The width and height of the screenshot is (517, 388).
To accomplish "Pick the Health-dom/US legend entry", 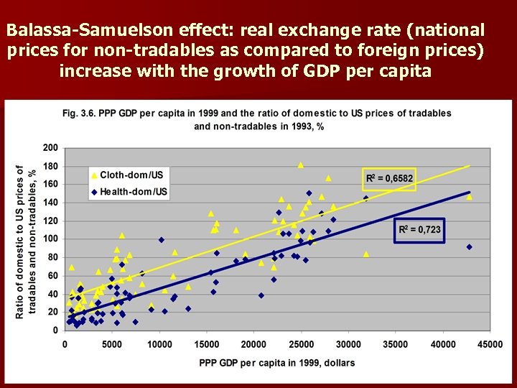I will tap(129, 191).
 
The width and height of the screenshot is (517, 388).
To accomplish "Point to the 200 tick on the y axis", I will tap(50, 148).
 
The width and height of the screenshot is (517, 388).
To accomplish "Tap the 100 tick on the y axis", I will tap(50, 239).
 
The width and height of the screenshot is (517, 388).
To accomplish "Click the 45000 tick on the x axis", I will tap(490, 345).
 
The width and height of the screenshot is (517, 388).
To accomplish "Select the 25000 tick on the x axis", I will tap(301, 345).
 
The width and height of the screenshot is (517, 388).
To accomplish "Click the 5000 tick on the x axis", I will tap(111, 345).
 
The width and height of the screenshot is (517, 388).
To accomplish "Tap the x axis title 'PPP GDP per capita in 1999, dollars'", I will tap(277, 363).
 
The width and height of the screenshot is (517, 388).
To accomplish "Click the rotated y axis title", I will tap(26, 241).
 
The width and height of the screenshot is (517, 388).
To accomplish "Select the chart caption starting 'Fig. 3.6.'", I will tap(256, 119).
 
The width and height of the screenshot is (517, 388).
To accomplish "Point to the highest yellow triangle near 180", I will tap(301, 165).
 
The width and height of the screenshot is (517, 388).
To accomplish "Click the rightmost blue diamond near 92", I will tap(469, 246).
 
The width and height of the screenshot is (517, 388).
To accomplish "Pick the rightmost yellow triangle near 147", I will tap(469, 196).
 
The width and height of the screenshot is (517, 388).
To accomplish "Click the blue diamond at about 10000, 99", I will tap(162, 240).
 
